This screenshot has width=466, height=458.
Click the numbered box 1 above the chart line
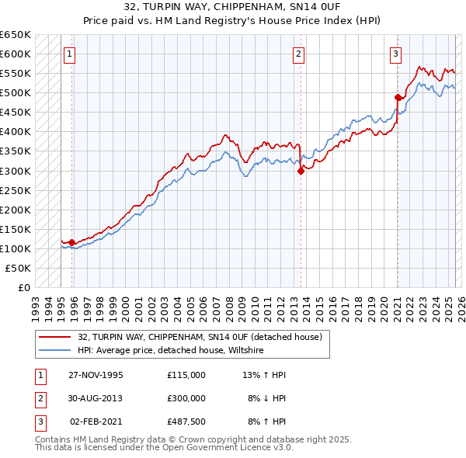click(70, 54)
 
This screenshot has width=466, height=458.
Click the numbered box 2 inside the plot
click(299, 54)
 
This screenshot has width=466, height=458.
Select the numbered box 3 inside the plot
click(396, 54)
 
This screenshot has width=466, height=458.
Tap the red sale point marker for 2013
click(301, 172)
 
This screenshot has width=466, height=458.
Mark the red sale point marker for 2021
click(398, 98)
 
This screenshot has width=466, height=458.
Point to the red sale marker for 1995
click(72, 242)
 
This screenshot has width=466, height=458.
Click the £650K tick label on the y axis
click(15, 35)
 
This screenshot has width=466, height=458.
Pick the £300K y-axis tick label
click(15, 171)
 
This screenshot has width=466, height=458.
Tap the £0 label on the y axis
click(23, 287)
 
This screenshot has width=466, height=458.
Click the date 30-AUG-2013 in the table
click(96, 397)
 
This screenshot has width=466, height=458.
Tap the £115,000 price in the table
click(186, 375)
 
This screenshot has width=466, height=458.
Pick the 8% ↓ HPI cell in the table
click(267, 397)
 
